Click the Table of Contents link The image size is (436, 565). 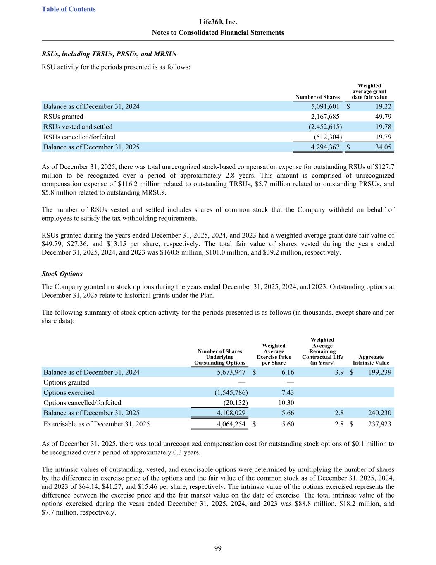pyautogui.click(x=69, y=9)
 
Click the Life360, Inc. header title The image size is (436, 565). pyautogui.click(x=218, y=22)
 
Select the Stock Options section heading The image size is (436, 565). pyautogui.click(x=62, y=274)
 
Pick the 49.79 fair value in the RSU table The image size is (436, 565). pyautogui.click(x=383, y=117)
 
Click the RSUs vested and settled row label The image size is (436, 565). pyautogui.click(x=78, y=127)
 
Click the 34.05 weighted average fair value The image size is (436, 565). pyautogui.click(x=383, y=147)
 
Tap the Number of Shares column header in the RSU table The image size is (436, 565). pyautogui.click(x=317, y=97)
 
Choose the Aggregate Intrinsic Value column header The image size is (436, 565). pyautogui.click(x=371, y=360)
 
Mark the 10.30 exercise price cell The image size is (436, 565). pyautogui.click(x=286, y=402)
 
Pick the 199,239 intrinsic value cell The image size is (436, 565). pyautogui.click(x=379, y=372)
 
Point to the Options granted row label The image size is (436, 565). pyautogui.click(x=66, y=382)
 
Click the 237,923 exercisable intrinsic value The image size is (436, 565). pyautogui.click(x=379, y=424)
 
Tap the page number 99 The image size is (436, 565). pyautogui.click(x=218, y=548)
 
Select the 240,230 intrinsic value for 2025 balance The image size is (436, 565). pyautogui.click(x=379, y=413)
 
